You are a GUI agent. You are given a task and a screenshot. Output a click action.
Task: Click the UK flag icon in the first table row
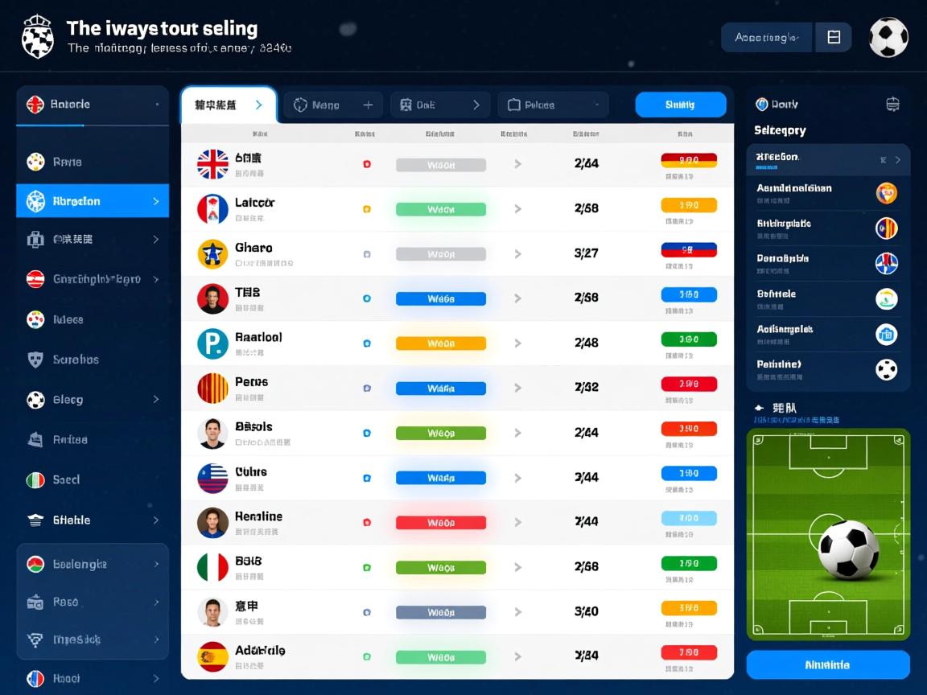[x=212, y=164]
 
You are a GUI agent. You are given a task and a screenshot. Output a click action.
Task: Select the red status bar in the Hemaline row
[x=441, y=523]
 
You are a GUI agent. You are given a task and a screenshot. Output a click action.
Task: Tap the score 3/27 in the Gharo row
[x=586, y=253]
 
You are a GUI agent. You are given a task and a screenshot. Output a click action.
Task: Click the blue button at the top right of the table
[x=680, y=105]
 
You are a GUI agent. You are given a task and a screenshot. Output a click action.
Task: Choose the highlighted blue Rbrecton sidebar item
[x=93, y=201]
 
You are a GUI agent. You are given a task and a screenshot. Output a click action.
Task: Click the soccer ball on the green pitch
[x=847, y=549]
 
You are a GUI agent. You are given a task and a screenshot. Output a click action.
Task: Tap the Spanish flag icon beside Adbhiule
[x=212, y=656]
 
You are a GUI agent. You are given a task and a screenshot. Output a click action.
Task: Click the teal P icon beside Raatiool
[x=212, y=343]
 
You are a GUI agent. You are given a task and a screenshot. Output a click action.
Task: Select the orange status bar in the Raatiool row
[x=441, y=343]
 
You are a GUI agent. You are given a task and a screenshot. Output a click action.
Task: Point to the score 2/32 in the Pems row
[x=586, y=388]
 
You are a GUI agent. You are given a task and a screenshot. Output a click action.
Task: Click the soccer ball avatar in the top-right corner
[x=888, y=37]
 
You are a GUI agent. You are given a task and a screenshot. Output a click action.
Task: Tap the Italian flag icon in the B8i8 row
[x=212, y=567]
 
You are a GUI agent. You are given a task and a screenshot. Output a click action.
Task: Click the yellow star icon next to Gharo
[x=212, y=254]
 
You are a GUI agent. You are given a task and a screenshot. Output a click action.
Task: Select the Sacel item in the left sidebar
[x=66, y=480]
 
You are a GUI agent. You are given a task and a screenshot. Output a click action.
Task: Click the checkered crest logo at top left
[x=37, y=37]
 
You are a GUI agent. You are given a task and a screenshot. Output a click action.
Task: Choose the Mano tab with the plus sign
[x=333, y=105]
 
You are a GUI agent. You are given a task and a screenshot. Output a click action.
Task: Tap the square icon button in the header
[x=834, y=37]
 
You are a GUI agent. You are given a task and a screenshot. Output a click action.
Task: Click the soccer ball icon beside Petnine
[x=886, y=370]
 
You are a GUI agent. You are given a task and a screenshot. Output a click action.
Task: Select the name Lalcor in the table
[x=254, y=203]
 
